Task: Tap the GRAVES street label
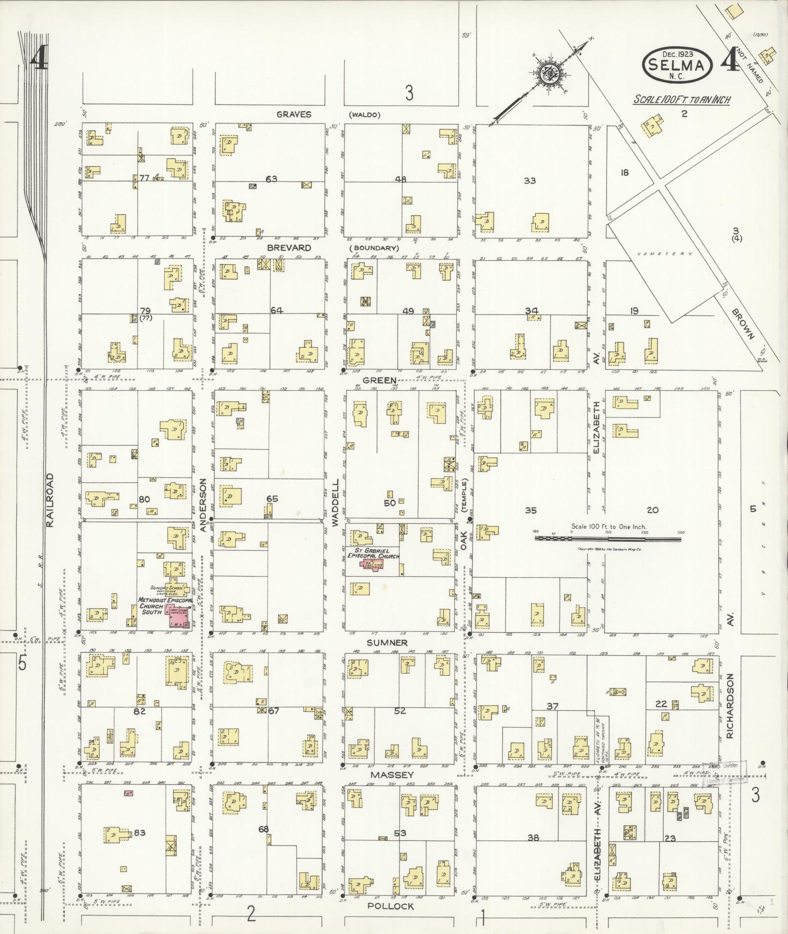pos(294,114)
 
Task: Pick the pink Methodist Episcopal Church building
pos(178,616)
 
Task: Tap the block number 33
pos(530,181)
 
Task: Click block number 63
pos(271,179)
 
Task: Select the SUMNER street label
pos(387,643)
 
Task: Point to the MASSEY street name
pos(392,775)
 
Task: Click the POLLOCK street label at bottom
pos(390,906)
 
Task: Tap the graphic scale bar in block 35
pos(608,539)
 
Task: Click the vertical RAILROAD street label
pos(50,499)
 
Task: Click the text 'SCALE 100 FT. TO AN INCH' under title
pos(682,100)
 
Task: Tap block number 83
pos(140,832)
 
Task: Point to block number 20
pos(653,510)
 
